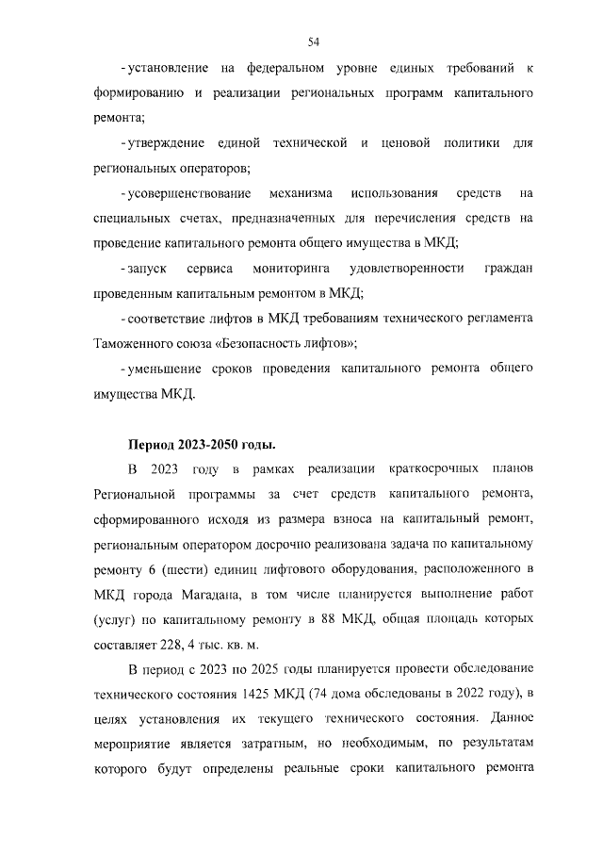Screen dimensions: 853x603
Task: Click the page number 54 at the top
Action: click(315, 41)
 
